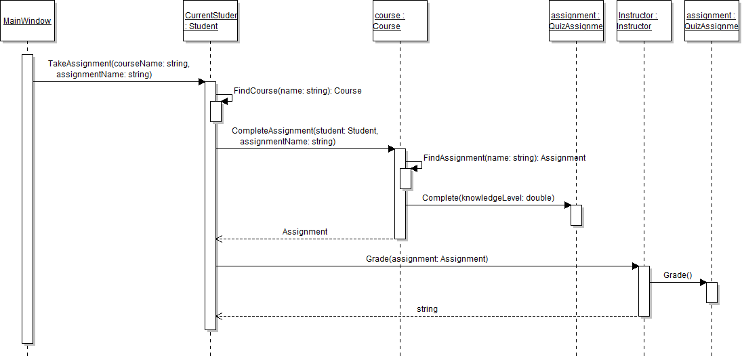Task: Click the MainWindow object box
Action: tap(27, 21)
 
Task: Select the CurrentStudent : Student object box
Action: tap(210, 21)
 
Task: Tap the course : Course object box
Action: tap(400, 21)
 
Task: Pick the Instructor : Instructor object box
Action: tap(644, 21)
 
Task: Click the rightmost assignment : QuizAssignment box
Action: tap(712, 21)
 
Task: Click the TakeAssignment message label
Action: tap(118, 69)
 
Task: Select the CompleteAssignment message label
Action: tap(304, 136)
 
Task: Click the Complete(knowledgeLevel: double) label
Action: tap(488, 198)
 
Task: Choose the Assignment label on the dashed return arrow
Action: tap(305, 232)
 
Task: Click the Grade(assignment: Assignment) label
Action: tap(427, 259)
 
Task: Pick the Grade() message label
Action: tap(678, 275)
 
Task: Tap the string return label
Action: tap(427, 309)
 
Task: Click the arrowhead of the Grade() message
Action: tap(703, 282)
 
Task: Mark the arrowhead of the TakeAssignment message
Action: tap(201, 81)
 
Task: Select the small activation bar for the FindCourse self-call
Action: tap(215, 111)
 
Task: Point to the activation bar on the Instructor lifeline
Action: tap(644, 291)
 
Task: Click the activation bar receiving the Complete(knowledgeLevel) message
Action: tap(576, 214)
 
